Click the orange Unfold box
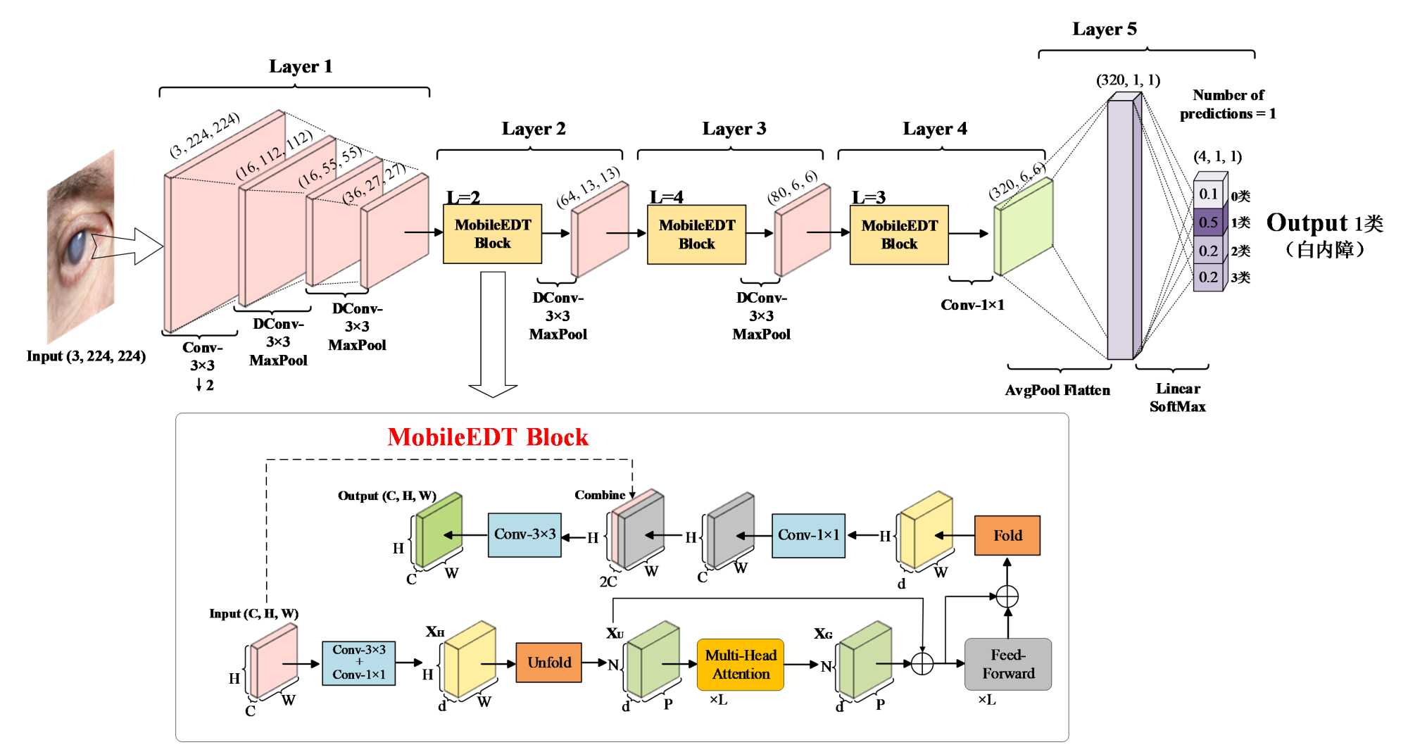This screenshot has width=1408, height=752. tap(548, 663)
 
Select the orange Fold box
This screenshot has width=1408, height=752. tap(1007, 536)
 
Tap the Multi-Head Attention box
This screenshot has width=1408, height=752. tap(740, 665)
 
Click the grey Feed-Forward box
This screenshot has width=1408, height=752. tap(1007, 664)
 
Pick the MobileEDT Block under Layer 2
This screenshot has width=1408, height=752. tap(492, 234)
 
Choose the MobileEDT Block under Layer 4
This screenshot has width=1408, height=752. tap(899, 234)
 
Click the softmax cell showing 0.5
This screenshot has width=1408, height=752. tap(1208, 223)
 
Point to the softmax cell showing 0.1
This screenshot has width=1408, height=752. tap(1208, 194)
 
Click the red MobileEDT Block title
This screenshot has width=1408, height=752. tap(487, 437)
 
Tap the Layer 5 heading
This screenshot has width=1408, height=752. tap(1104, 30)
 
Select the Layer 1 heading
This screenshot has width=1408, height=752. tap(301, 67)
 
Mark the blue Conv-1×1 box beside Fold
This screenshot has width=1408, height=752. tap(808, 536)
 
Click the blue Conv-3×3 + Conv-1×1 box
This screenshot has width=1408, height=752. tap(358, 663)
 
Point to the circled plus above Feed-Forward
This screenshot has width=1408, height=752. tap(1007, 596)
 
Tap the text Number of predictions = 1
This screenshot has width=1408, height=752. tap(1228, 104)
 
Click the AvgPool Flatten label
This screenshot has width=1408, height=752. tap(1057, 391)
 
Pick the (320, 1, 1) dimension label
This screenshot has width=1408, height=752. tap(1128, 80)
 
